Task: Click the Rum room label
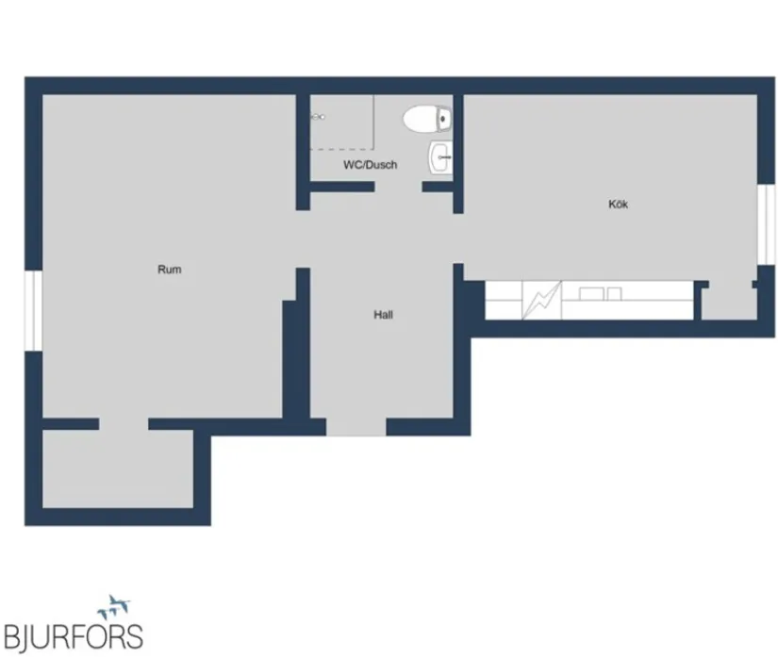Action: click(x=169, y=270)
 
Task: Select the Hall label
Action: click(x=383, y=315)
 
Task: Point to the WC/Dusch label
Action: click(x=370, y=165)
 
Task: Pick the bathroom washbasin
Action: click(x=440, y=156)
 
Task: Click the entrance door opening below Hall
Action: click(x=356, y=428)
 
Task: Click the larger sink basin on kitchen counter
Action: click(x=593, y=294)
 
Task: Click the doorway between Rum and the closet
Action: click(x=124, y=424)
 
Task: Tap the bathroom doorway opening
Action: click(x=398, y=187)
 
